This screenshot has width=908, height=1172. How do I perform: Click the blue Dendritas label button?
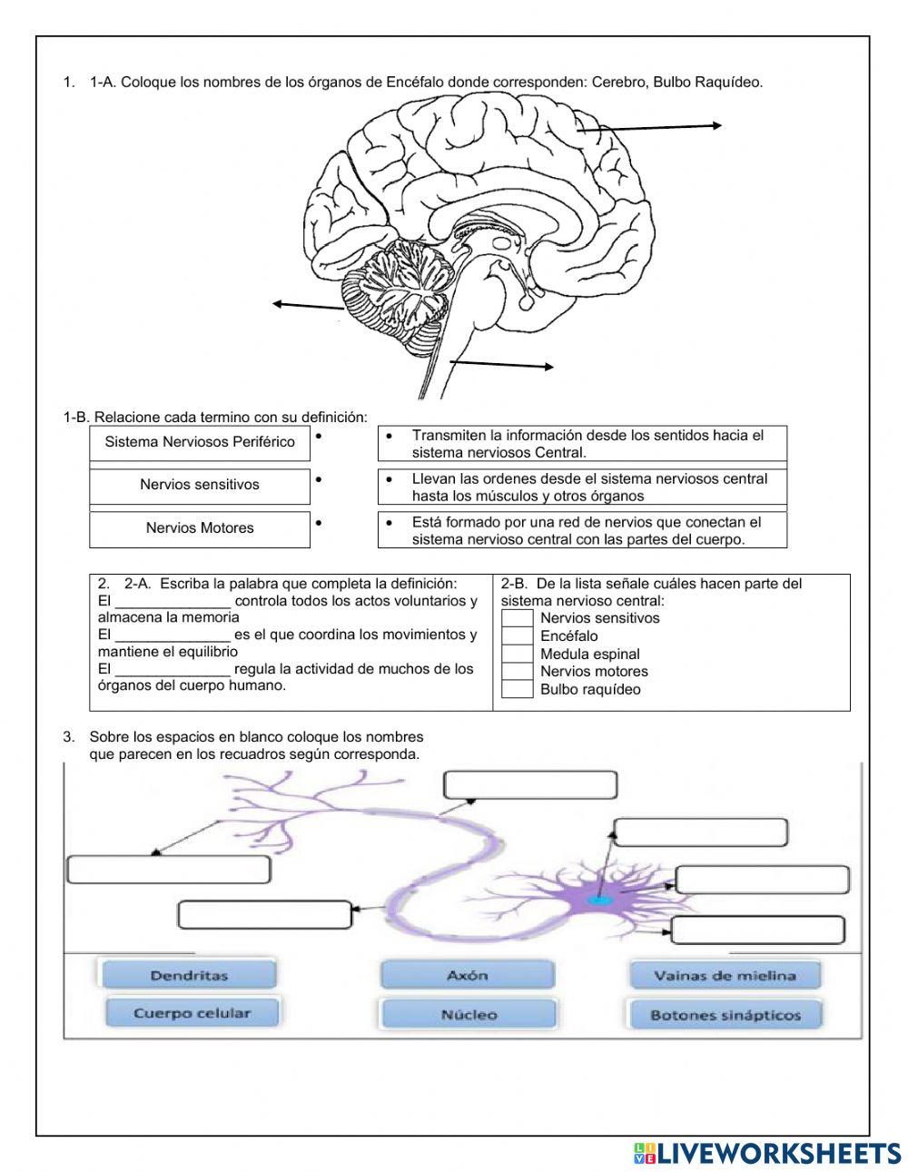click(187, 976)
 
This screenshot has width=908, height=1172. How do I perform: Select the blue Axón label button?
click(467, 976)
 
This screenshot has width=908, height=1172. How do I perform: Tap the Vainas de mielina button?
click(725, 976)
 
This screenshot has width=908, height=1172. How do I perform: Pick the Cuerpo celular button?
click(192, 1013)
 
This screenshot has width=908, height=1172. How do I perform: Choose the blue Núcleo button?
click(469, 1015)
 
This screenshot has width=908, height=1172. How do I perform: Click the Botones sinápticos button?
click(725, 1015)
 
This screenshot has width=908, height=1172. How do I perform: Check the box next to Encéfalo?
click(518, 635)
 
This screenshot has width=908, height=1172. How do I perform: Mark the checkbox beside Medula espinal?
click(518, 654)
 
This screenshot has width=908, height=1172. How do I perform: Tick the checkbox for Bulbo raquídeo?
click(518, 689)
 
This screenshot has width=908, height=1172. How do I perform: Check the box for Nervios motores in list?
click(518, 671)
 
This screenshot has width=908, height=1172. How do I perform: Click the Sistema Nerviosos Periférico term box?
click(200, 442)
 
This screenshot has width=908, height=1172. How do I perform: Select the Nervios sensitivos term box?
click(200, 485)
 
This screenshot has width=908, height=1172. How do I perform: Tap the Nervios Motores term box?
click(200, 528)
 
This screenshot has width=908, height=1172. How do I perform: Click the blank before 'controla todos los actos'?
click(173, 602)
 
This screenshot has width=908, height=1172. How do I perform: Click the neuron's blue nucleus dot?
click(598, 901)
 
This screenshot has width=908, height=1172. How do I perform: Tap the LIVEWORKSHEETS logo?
click(767, 1153)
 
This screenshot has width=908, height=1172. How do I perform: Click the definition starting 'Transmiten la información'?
click(582, 444)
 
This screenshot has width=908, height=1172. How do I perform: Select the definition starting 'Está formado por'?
click(582, 530)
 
